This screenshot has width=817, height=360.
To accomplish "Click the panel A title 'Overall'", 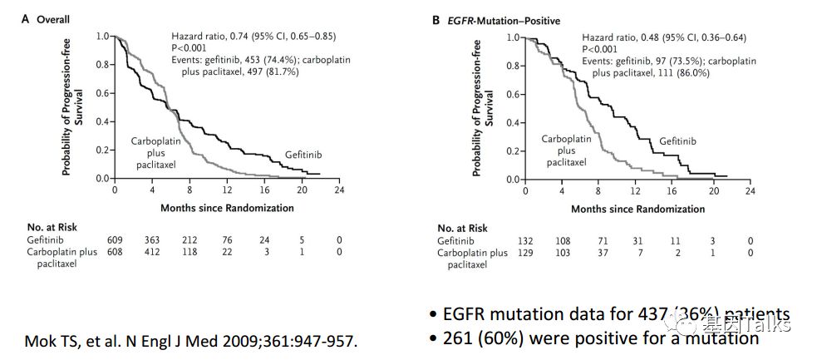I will click(52, 19).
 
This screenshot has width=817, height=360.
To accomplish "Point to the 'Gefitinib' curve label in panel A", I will click(303, 155).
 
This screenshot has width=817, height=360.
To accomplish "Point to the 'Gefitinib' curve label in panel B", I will click(677, 142).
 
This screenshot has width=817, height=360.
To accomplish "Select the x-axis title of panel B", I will click(637, 208).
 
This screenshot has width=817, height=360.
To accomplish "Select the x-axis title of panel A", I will click(226, 207).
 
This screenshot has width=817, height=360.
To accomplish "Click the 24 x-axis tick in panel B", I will click(750, 191).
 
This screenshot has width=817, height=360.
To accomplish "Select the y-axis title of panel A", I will click(71, 108).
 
